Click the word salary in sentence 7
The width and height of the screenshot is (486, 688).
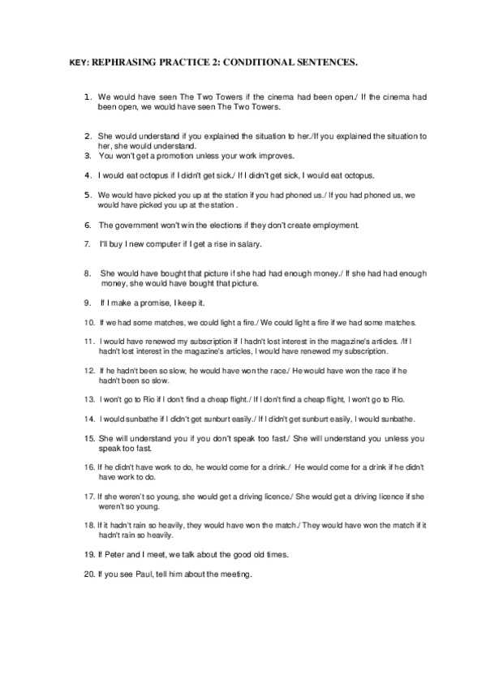point(272,244)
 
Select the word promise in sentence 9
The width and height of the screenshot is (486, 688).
point(155,303)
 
